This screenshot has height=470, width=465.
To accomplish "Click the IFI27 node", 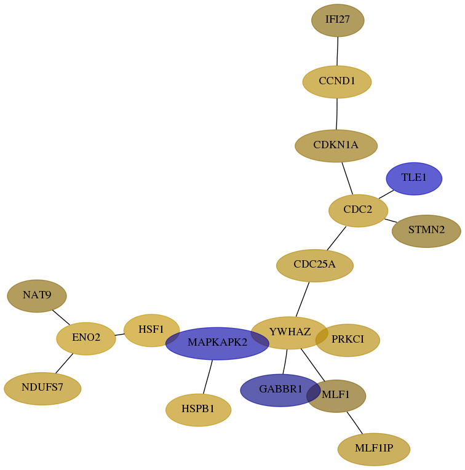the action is pos(338,20).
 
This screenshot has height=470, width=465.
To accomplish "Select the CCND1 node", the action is pos(337,82).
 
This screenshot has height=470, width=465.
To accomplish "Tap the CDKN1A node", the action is pos(336,146).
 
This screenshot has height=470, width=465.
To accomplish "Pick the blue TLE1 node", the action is pos(414,178).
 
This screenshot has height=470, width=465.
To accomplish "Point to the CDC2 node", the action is pos(359,210).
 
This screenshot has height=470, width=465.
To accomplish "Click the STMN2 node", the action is pos(426,231).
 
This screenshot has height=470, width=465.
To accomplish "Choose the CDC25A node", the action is pos(315,266).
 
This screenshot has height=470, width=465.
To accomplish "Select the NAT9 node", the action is pos(37,296).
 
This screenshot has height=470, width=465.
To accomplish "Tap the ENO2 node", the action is pos(86,339).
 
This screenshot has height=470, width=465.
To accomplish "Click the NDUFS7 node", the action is pos(42,389).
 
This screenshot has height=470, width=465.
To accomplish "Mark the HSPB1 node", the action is pos(198,410).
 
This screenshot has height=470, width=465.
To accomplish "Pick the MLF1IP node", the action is pos(374,449).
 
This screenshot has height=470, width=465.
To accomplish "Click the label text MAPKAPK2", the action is pos(218,342).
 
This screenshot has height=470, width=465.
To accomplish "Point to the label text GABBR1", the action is pos(280,389).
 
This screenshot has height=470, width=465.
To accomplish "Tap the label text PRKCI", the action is pos(348,339).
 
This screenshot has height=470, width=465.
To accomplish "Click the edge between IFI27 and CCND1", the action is pos(337,51).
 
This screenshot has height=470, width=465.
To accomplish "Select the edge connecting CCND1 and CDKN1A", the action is pos(337,114).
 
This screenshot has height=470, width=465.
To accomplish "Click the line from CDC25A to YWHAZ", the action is pos(302,299).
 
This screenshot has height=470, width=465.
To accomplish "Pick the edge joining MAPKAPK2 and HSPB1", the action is pos(208,376).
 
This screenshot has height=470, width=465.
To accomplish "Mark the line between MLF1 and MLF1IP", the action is pos(355,423).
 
